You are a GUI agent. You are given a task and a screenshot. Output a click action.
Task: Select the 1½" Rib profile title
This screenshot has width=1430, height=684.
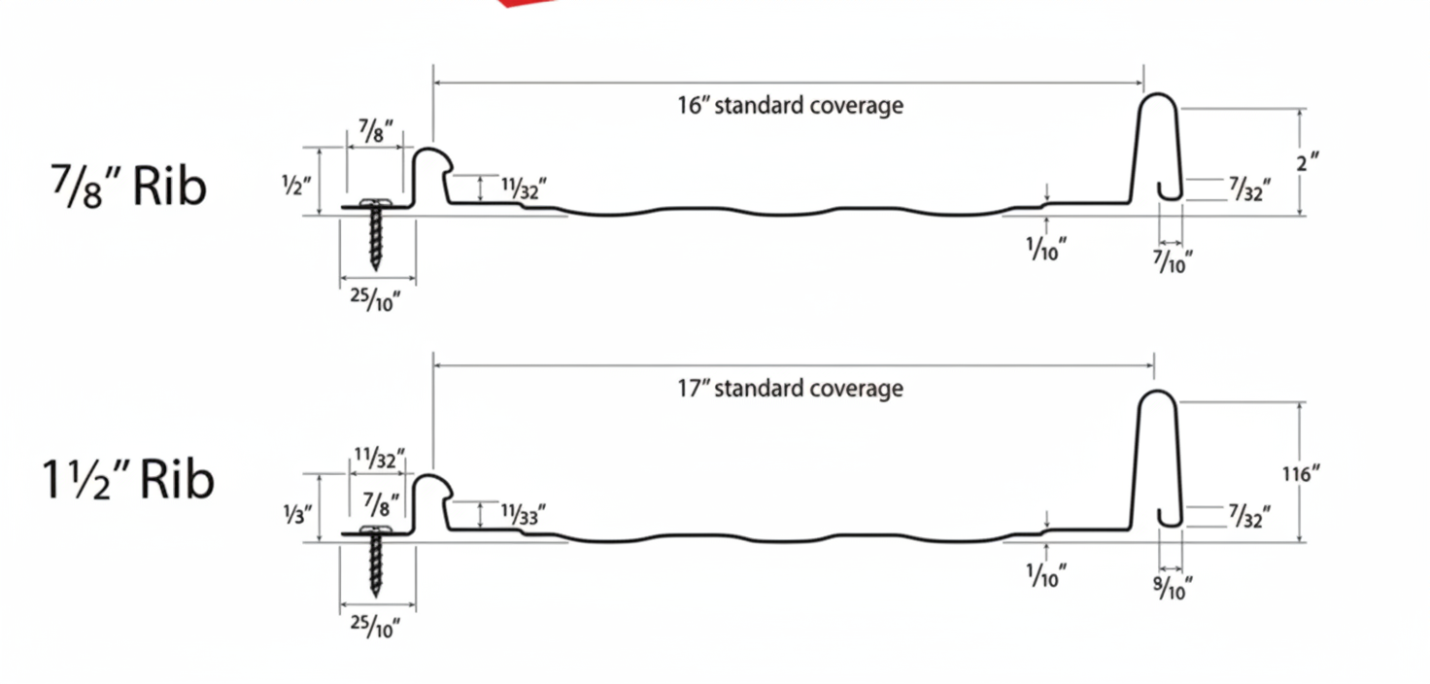pyautogui.click(x=127, y=480)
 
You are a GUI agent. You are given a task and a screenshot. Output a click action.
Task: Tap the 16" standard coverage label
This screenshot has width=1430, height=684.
pyautogui.click(x=790, y=105)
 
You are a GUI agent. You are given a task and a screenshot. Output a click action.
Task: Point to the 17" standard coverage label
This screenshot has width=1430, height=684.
pyautogui.click(x=790, y=389)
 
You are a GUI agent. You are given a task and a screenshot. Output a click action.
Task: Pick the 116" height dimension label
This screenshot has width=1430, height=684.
pyautogui.click(x=1303, y=474)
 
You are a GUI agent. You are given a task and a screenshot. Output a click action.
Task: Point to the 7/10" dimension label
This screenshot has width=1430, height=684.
pyautogui.click(x=1172, y=260)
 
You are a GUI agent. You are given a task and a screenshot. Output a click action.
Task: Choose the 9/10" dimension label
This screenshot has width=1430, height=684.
pyautogui.click(x=1172, y=588)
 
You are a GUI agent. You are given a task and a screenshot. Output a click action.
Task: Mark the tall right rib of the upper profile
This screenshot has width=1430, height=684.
pyautogui.click(x=1158, y=146)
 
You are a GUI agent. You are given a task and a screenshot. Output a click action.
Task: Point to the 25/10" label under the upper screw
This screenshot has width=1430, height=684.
pyautogui.click(x=376, y=300)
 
